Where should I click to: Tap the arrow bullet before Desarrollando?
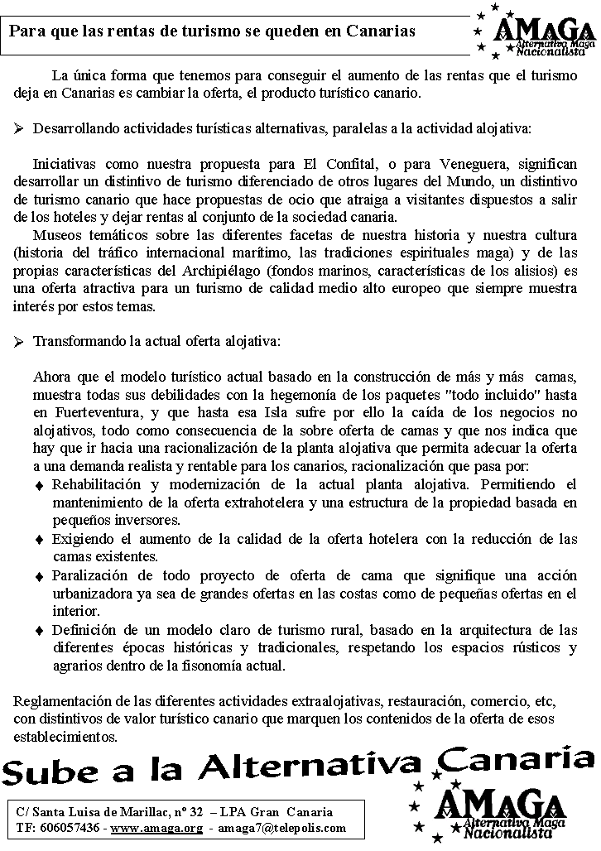coord(19,129)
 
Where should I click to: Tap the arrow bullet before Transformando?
coord(19,341)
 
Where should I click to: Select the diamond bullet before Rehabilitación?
coord(40,484)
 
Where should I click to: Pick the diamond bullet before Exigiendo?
coord(40,540)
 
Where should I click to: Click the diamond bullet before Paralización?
coord(40,576)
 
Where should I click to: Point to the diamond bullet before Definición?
coord(40,631)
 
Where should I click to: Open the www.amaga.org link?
coord(157,828)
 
